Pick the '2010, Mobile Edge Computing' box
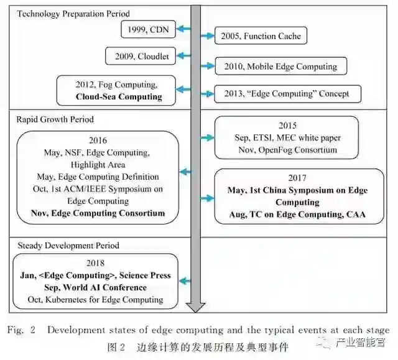[x=280, y=67]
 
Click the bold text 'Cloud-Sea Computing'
[x=119, y=96]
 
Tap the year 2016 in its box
[x=98, y=140]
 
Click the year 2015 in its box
[x=288, y=126]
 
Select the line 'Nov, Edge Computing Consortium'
[x=98, y=213]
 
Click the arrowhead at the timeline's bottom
[x=197, y=306]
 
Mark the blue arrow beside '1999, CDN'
[x=182, y=29]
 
